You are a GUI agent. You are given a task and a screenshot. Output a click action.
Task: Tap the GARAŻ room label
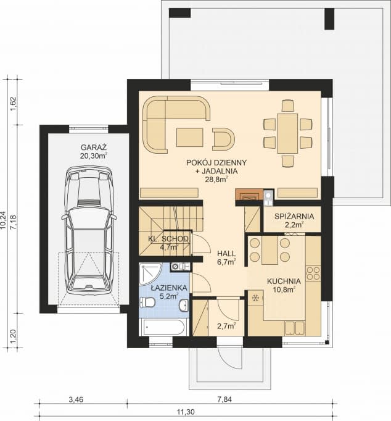point(93,148)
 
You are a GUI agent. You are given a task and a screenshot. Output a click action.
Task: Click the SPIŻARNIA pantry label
point(294,216)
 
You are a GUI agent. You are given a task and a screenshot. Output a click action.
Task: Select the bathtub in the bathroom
point(163,327)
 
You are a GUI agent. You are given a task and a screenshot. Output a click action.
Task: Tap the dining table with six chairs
point(287,133)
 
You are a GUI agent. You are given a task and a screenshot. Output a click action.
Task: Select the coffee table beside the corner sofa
point(189,136)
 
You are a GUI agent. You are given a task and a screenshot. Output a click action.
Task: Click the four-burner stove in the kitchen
point(313,272)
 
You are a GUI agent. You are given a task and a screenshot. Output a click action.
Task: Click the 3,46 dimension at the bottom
point(76,399)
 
